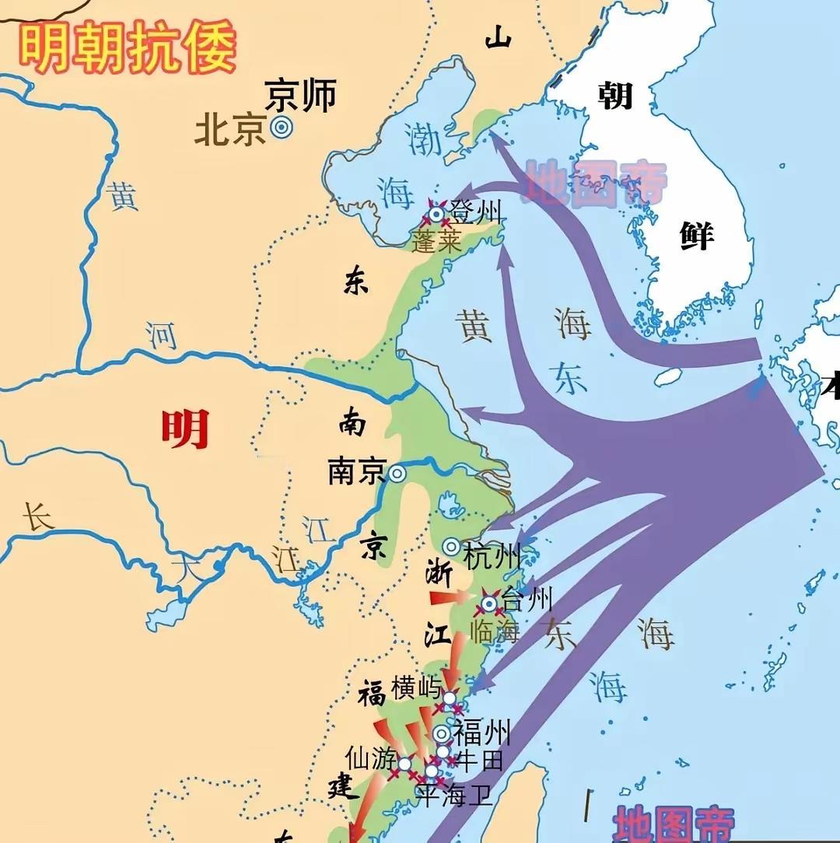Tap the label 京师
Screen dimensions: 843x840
coord(300,95)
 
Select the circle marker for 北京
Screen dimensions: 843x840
coord(281,128)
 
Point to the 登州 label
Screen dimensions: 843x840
coord(478,212)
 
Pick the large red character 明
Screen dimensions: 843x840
coord(185,428)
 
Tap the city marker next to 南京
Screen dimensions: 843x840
coord(397,473)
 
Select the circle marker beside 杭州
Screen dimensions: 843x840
coord(451,547)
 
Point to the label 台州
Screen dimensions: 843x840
coord(527,600)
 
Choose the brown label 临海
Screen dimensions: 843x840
coord(495,631)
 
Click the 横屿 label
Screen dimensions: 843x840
coord(416,688)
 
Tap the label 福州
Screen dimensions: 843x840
coord(482,732)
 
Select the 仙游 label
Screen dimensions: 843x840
coord(371,757)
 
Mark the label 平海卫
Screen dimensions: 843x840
coord(455,795)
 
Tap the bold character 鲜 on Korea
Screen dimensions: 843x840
coord(696,234)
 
